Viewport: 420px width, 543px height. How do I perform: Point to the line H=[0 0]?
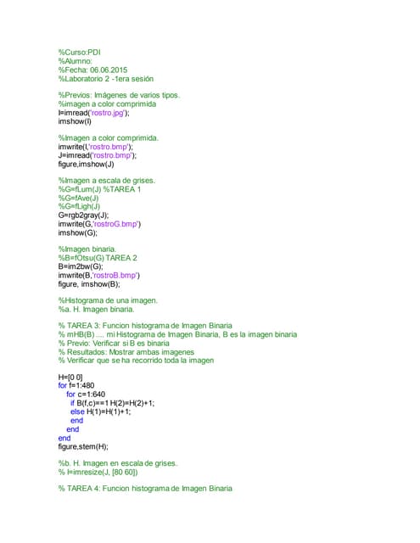[70, 377]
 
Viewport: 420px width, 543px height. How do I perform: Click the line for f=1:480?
[79, 385]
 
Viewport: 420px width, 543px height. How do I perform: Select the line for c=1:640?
[86, 395]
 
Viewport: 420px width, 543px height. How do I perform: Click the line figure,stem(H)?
[83, 446]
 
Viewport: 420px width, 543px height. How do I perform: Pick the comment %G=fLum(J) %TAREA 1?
[99, 189]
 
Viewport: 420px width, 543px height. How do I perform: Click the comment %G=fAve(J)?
[79, 198]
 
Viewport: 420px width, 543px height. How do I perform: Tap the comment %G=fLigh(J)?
[79, 206]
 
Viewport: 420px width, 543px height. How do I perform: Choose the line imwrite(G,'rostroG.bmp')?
[99, 223]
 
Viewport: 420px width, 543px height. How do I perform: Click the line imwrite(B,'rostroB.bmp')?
[98, 275]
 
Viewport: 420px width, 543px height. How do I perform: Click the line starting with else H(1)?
[100, 411]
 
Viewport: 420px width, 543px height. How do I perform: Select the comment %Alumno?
[75, 61]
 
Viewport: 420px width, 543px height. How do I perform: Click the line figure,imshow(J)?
[86, 164]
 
